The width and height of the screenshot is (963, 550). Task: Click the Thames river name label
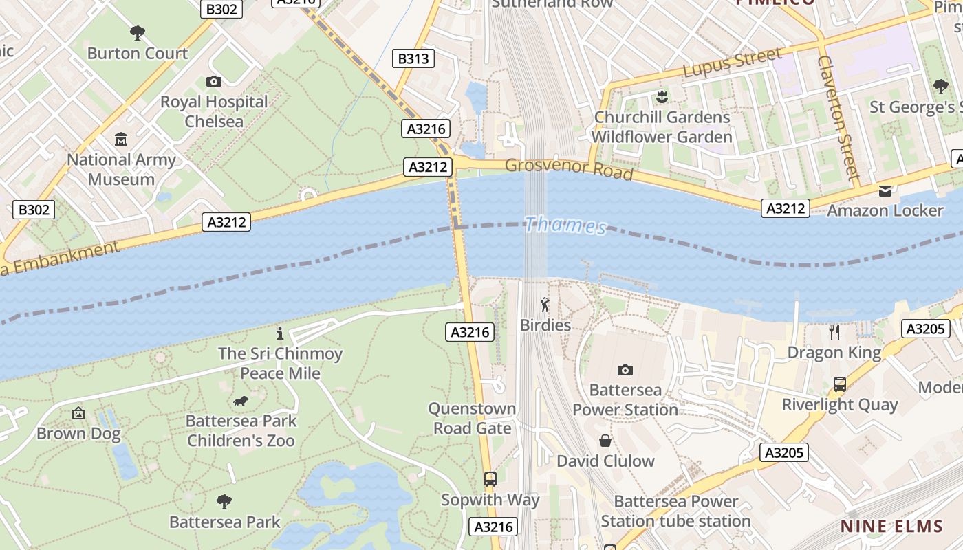[565, 225]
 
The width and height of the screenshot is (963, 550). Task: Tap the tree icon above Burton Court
[138, 32]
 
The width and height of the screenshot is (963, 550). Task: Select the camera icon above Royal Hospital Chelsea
[214, 81]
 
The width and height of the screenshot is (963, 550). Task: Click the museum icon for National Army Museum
[121, 140]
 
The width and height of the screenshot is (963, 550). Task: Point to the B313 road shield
[413, 58]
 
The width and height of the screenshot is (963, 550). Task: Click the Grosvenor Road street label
[569, 168]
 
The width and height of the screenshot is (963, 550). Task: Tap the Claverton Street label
[838, 117]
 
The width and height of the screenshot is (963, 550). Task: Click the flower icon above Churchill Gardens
[662, 96]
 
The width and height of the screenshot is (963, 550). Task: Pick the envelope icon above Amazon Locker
[885, 190]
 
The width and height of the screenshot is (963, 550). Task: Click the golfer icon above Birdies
[545, 304]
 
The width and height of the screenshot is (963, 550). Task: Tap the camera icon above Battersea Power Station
[625, 370]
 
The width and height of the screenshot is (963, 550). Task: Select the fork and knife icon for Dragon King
[834, 332]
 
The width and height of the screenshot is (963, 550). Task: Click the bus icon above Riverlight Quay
[840, 384]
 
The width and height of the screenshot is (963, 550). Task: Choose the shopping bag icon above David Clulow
[605, 441]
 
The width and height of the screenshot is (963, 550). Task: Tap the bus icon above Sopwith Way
[490, 479]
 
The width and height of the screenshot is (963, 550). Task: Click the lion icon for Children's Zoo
[241, 401]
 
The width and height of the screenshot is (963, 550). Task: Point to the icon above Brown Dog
[78, 413]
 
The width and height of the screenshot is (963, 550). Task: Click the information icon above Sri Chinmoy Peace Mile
[279, 334]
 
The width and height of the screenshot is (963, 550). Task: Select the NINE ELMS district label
[891, 527]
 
